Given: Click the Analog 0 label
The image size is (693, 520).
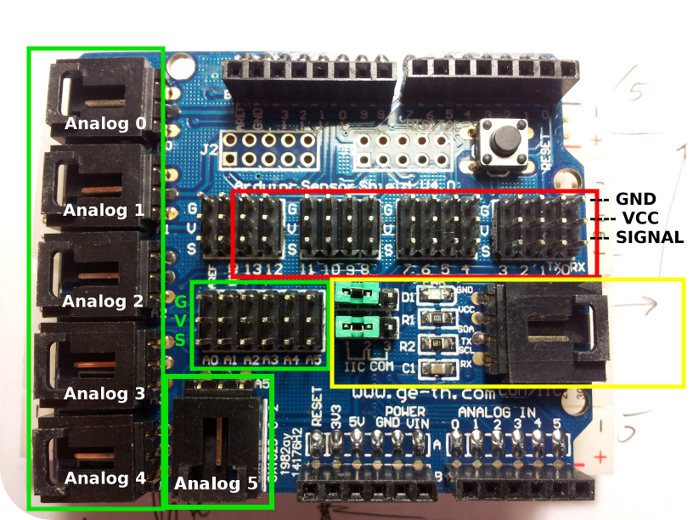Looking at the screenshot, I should pos(105,124).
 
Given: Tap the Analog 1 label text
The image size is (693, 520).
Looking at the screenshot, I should pos(104,210).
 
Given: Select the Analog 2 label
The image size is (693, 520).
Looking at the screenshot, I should pos(103,301).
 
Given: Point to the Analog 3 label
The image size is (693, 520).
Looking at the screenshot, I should pos(104,393).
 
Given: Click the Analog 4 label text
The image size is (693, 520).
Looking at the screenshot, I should pos(104,478).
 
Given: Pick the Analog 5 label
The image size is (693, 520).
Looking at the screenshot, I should pos(216,485).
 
